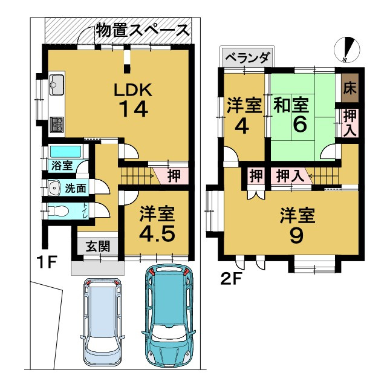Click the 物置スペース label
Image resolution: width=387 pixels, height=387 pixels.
pos(143,28)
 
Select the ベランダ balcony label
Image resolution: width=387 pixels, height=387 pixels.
pos(247,58)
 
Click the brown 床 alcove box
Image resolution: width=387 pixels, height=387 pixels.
pos(350,86)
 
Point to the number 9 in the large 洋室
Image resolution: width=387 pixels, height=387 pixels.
pos(296,235)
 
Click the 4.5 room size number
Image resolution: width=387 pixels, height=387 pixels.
pos(158,233)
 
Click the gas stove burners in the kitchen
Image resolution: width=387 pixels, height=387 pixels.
pos(58,125)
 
